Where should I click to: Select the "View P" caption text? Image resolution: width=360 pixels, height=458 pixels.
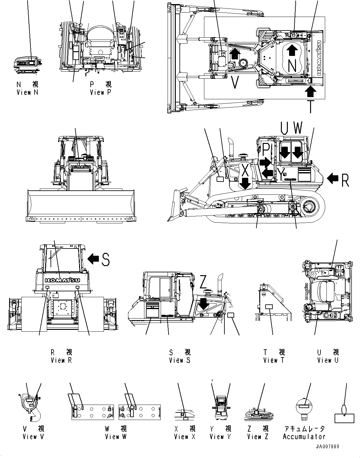(x=101, y=92)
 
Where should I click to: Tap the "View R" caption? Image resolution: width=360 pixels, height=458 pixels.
(x=61, y=360)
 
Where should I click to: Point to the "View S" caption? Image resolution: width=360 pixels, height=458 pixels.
(x=180, y=360)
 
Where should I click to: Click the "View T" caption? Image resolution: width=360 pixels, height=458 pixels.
(x=274, y=360)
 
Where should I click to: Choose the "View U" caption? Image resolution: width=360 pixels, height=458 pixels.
(x=328, y=360)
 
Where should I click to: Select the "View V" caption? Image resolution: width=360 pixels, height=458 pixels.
(x=34, y=437)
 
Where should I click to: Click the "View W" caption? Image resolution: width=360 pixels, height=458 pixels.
(x=116, y=437)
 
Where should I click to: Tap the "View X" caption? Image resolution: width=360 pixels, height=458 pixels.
(x=185, y=437)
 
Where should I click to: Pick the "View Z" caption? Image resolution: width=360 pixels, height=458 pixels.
(x=258, y=437)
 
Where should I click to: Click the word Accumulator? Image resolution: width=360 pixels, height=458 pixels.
(x=304, y=437)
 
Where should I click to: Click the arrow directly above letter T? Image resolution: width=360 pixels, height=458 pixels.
(x=310, y=92)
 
